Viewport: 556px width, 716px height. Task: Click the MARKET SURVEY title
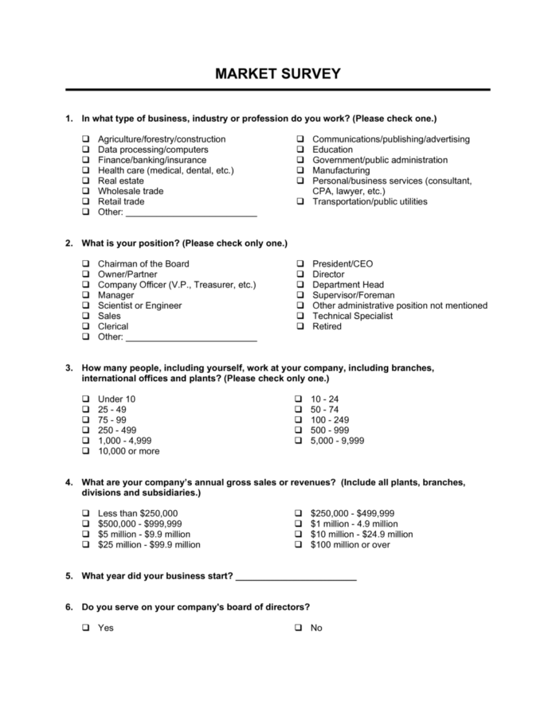pyautogui.click(x=277, y=74)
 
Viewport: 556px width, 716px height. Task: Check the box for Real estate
pyautogui.click(x=85, y=181)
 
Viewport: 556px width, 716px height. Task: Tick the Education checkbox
pyautogui.click(x=300, y=150)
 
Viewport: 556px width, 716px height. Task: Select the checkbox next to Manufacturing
pyautogui.click(x=300, y=170)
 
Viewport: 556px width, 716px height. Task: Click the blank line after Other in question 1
pyautogui.click(x=191, y=215)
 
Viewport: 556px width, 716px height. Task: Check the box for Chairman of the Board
pyautogui.click(x=85, y=264)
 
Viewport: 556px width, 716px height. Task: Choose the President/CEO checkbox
pyautogui.click(x=300, y=264)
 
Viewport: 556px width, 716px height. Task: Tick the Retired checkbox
pyautogui.click(x=300, y=326)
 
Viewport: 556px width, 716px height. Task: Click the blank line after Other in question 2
pyautogui.click(x=191, y=339)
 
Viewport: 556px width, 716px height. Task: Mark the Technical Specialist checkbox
pyautogui.click(x=300, y=316)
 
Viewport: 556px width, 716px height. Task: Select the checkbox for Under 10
pyautogui.click(x=85, y=399)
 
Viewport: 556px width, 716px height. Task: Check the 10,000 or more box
pyautogui.click(x=85, y=451)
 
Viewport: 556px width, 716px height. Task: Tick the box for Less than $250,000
pyautogui.click(x=85, y=514)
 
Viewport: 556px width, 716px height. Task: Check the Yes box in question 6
pyautogui.click(x=85, y=628)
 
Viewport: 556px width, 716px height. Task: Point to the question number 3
pyautogui.click(x=69, y=368)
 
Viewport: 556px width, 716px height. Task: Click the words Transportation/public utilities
pyautogui.click(x=370, y=201)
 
